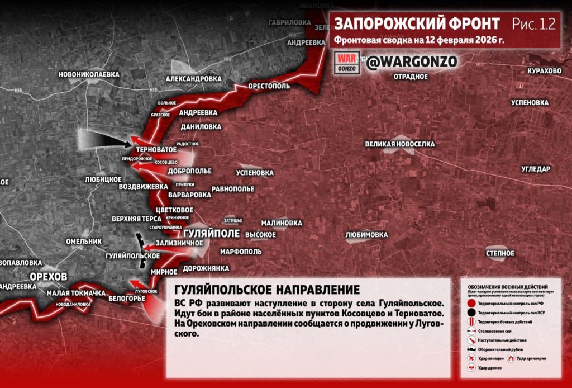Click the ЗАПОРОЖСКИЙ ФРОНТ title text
[x=417, y=23]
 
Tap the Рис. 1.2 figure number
[x=533, y=23]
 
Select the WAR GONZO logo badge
[x=347, y=62]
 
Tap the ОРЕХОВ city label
[x=49, y=277]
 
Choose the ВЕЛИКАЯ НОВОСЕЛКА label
[x=399, y=144]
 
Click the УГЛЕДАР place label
[x=536, y=169]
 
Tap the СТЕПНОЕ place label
[x=500, y=253]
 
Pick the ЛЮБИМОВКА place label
[x=366, y=235]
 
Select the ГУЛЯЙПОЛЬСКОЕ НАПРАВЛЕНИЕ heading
[x=267, y=290]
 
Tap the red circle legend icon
[x=471, y=303]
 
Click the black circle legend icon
[x=471, y=312]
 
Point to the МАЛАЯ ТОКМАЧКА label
[x=76, y=294]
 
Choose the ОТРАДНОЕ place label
[x=411, y=77]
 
